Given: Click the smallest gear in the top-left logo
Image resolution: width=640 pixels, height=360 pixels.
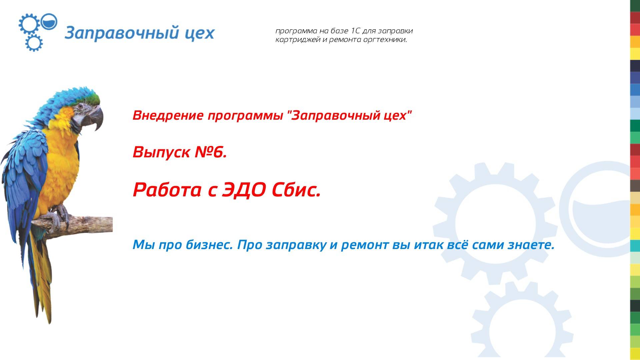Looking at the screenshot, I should click(34, 43).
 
